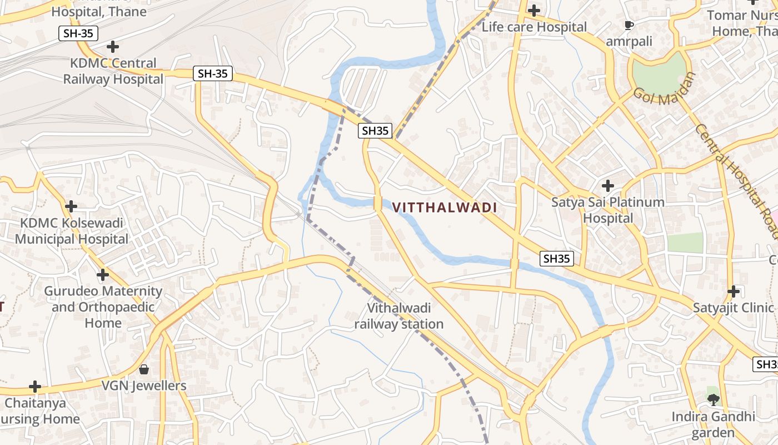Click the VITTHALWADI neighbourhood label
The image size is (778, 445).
point(445,208)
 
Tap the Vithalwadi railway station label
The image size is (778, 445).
point(399,316)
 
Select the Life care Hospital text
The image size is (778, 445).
point(534,27)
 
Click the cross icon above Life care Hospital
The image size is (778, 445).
point(534,11)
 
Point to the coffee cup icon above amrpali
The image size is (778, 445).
point(629,25)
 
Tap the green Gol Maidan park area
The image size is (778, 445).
point(660,72)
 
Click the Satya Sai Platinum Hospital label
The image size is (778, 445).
point(607,210)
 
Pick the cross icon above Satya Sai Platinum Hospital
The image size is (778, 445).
point(608,186)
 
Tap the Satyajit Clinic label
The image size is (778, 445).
point(733,308)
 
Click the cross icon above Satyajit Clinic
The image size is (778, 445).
point(734,291)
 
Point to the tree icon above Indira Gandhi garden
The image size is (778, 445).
point(713,399)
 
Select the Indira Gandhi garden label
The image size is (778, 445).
point(713,424)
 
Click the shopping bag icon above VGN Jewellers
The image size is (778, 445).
point(144,369)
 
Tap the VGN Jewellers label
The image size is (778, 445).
point(144,385)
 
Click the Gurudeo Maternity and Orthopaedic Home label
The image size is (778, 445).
point(103,306)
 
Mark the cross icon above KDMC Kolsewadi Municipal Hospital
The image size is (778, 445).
point(71,206)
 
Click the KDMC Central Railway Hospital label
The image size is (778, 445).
point(113,71)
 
